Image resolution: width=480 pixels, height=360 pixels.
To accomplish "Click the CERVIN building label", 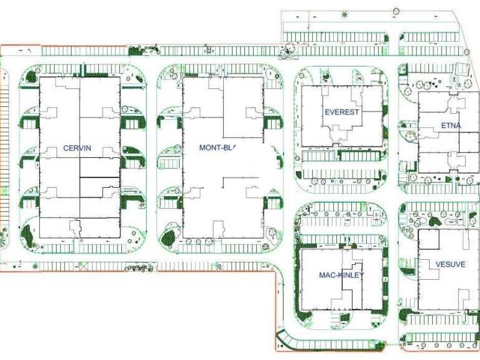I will coord(77,148).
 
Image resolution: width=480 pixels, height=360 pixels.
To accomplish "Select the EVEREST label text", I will coord(341,112).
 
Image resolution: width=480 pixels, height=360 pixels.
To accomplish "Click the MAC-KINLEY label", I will coord(341,275).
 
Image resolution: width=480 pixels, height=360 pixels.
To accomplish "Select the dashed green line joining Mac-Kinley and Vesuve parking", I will coord(389,344).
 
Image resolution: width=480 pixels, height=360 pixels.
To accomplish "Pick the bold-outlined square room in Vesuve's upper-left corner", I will coord(428,239).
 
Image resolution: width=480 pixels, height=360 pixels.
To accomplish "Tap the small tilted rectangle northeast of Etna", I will coord(461,69).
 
